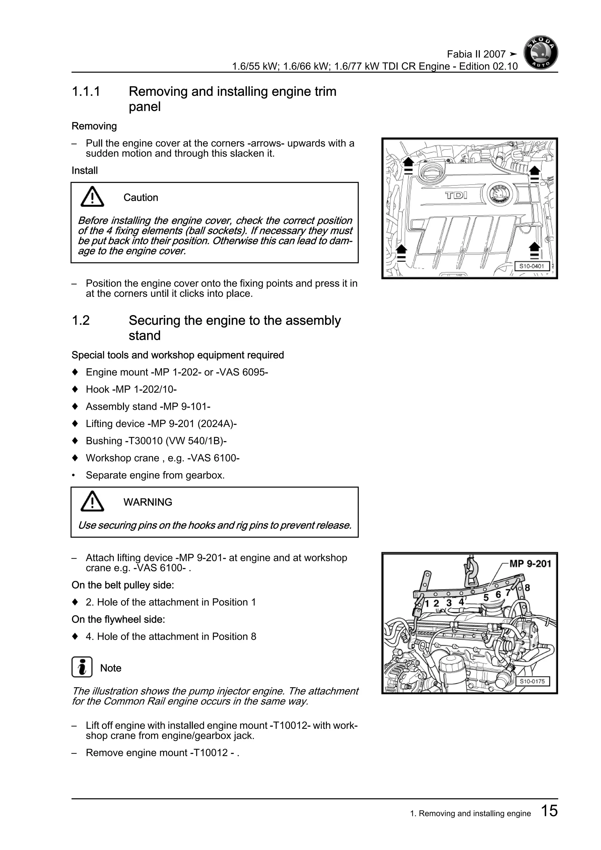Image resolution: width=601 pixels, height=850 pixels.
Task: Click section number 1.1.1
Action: coord(86,92)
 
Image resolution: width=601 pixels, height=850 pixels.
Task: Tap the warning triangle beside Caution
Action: coord(92,197)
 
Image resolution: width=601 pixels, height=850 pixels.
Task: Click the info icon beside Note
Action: coord(82,667)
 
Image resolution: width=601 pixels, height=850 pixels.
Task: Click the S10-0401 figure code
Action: coord(531,266)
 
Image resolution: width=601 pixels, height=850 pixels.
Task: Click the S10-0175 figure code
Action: coord(532,681)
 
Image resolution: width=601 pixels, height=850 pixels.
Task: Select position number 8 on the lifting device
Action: coord(527,588)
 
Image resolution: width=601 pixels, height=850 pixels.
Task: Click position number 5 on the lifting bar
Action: coord(486,598)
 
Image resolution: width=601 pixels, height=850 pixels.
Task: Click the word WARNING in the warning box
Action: coord(148,502)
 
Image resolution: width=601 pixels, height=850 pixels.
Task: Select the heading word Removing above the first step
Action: coord(94,126)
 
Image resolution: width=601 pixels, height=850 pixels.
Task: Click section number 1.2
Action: coord(81,320)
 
